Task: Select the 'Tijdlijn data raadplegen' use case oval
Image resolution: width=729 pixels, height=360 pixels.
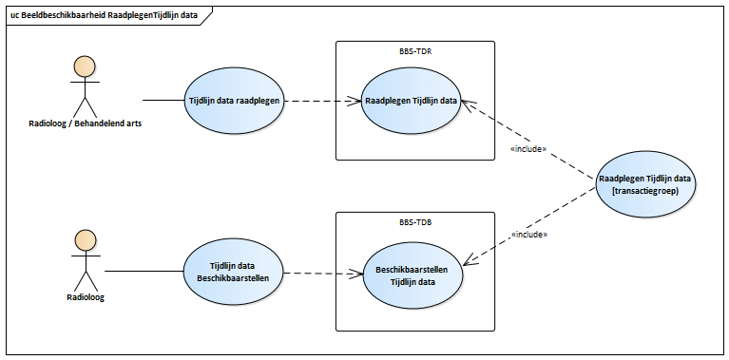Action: point(233,100)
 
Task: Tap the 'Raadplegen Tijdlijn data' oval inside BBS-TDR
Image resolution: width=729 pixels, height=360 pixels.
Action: point(410,100)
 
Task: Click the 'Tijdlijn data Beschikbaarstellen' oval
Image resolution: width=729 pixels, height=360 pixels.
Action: point(233,274)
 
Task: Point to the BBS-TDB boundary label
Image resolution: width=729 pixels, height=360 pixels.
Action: point(414,222)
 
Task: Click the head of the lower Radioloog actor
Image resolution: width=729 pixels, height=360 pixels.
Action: point(86,239)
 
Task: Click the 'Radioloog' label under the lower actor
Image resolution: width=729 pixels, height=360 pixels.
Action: point(86,297)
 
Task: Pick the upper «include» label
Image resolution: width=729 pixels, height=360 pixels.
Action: point(528,148)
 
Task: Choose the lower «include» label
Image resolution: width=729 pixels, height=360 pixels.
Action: point(528,234)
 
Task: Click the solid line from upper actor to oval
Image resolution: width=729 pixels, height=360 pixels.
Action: point(162,100)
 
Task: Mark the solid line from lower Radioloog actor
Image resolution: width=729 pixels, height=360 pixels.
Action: point(143,274)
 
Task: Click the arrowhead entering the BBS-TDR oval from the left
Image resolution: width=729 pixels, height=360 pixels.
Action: point(356,100)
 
